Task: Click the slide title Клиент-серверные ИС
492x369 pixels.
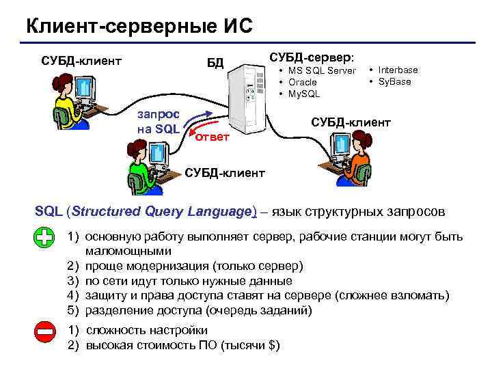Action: pyautogui.click(x=139, y=27)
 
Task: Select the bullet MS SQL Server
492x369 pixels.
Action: pyautogui.click(x=321, y=71)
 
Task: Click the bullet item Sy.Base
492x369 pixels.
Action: pyautogui.click(x=394, y=81)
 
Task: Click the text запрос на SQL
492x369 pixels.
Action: pyautogui.click(x=159, y=122)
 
